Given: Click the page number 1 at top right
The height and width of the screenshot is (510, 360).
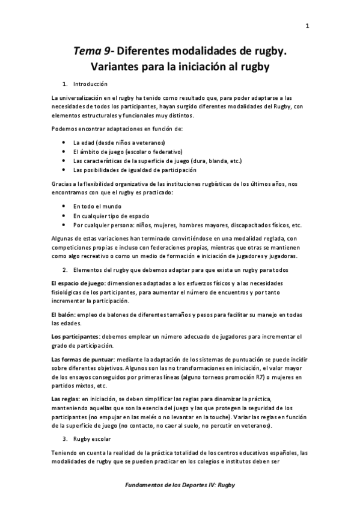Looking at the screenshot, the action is (x=307, y=25).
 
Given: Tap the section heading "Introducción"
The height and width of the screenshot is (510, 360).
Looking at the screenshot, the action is (x=90, y=83).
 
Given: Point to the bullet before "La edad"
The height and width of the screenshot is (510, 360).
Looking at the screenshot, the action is (x=64, y=143).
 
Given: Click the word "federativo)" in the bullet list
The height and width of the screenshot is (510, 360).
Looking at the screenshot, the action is (x=166, y=152).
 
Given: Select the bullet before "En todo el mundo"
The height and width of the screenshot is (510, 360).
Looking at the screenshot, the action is (x=64, y=206).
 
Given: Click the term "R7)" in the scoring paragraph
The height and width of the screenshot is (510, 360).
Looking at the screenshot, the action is (x=248, y=378).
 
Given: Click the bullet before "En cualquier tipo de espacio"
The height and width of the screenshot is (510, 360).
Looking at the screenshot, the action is (x=64, y=215).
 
